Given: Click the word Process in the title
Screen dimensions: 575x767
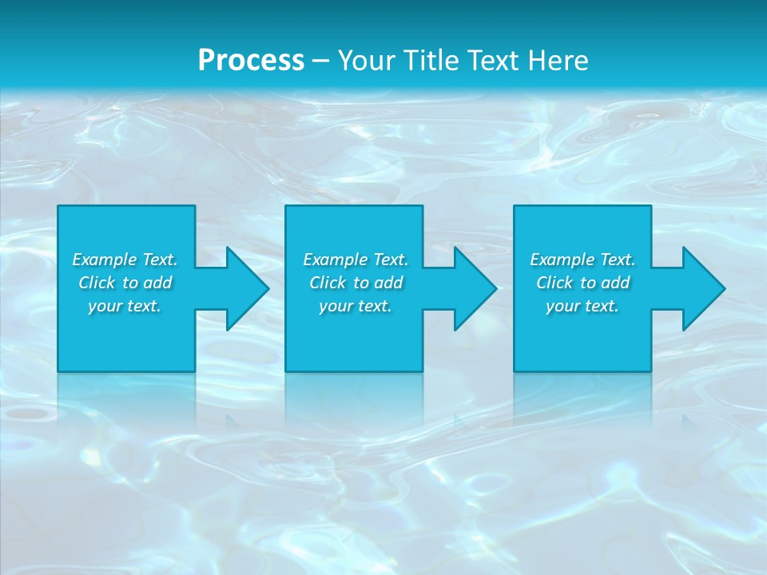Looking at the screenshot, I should tap(251, 61).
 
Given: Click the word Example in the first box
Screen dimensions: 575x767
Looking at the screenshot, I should tap(105, 260).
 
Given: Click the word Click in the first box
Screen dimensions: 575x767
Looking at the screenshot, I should tap(97, 283).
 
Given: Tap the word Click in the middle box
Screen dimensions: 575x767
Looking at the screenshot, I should tap(328, 283).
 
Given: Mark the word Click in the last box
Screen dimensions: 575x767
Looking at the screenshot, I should tap(554, 283).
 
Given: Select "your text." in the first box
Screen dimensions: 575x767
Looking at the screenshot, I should tap(125, 306).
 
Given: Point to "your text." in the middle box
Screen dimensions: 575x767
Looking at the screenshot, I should tap(356, 306).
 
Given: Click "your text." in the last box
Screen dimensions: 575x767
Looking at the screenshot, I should tap(582, 306).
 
